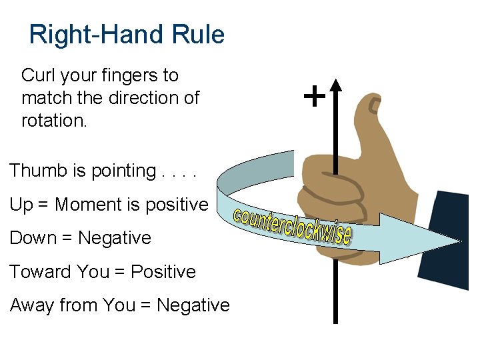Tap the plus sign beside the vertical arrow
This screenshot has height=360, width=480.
314,97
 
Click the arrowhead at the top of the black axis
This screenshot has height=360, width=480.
335,86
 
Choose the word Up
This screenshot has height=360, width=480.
21,205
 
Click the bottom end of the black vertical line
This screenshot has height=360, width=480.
335,321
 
